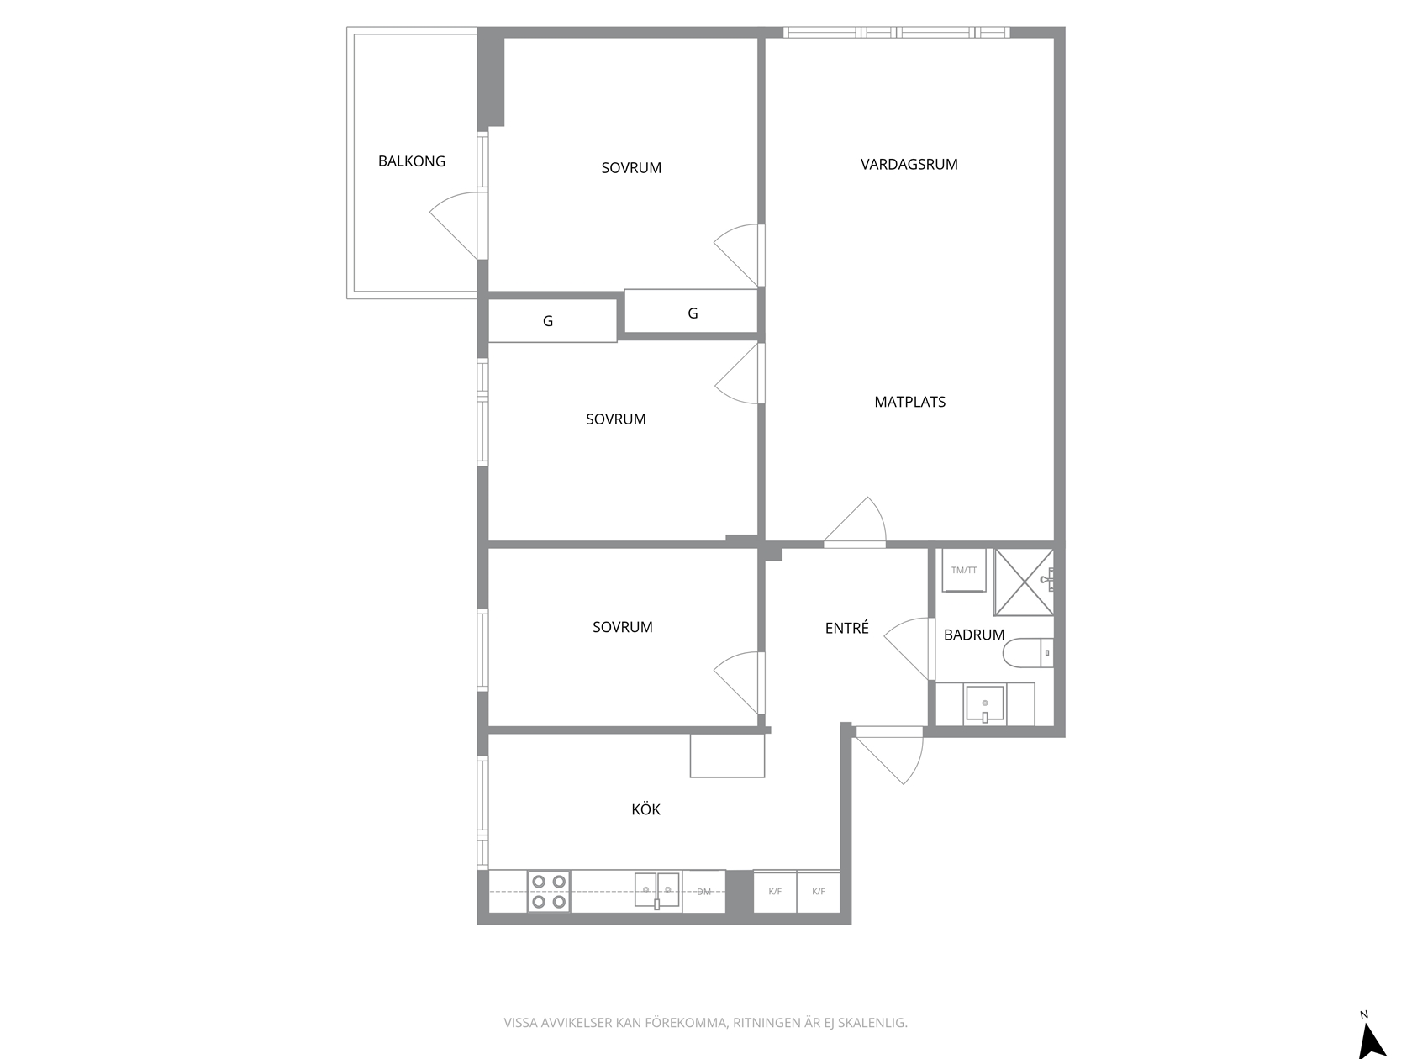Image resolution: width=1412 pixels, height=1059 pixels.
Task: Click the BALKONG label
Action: tap(411, 161)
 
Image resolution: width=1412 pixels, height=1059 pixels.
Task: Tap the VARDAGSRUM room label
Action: tap(909, 165)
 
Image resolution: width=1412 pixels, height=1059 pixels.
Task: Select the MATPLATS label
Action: tap(909, 402)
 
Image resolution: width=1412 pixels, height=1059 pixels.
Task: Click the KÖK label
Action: tap(645, 809)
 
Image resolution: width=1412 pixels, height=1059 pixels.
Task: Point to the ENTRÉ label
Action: tap(846, 628)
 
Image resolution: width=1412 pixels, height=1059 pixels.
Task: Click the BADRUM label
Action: tap(974, 635)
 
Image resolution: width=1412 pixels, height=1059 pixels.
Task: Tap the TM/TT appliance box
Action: tap(964, 571)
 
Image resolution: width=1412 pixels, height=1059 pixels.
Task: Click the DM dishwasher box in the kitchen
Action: tap(703, 891)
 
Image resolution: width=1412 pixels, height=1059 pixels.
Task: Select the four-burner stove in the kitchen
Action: tap(549, 891)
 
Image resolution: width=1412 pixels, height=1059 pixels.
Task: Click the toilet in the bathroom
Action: tap(1028, 653)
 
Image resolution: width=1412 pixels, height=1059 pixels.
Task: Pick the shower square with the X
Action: tap(1024, 582)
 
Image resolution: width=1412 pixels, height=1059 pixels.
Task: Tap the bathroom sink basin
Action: tap(984, 704)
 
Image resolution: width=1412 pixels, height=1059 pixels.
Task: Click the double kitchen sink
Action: tap(656, 890)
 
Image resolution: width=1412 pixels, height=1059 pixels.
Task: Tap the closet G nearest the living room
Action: tap(693, 313)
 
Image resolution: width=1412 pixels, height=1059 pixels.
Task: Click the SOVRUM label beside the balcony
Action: tap(631, 168)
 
